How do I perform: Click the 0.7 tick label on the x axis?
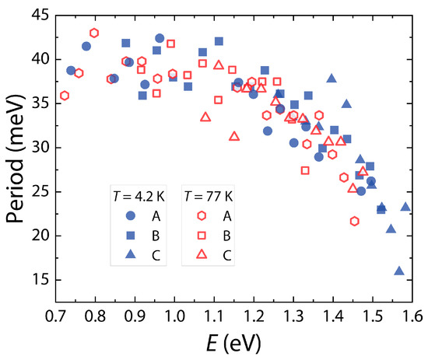tap(56, 318)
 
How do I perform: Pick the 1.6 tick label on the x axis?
tap(412, 318)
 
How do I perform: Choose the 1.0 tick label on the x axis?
tap(174, 318)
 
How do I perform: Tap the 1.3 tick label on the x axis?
tap(293, 318)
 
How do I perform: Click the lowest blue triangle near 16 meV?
tap(399, 271)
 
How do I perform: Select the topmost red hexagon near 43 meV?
tap(94, 33)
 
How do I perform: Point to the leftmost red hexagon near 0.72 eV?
tap(65, 96)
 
